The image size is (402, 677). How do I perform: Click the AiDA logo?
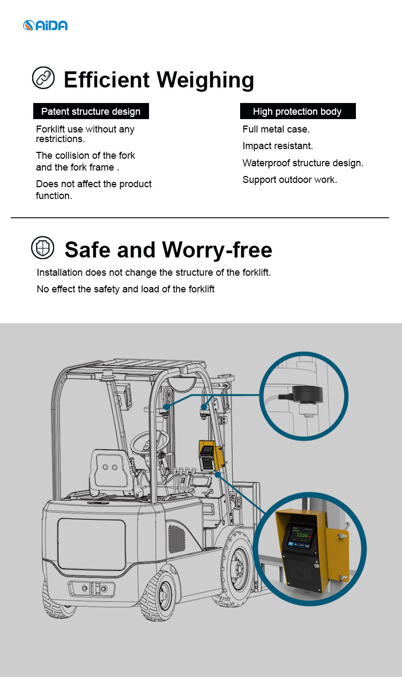[x=45, y=25]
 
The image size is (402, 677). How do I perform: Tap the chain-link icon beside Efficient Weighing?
[x=43, y=78]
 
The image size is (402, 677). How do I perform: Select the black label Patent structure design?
[x=91, y=112]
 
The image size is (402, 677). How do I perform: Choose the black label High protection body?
[x=297, y=112]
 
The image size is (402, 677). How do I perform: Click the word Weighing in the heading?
[x=206, y=80]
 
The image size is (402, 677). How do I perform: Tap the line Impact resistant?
[x=278, y=146]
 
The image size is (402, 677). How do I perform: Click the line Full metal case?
[x=276, y=129]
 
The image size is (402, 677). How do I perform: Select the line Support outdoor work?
[x=289, y=180]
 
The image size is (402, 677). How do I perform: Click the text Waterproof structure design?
[x=303, y=163]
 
